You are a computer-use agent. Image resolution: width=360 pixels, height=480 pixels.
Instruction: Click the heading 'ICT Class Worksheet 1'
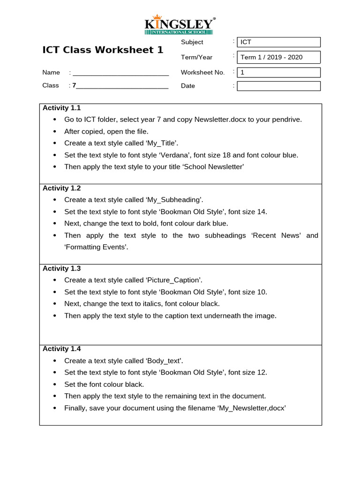pyautogui.click(x=103, y=50)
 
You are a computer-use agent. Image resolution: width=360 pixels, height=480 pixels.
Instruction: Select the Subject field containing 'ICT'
pyautogui.click(x=278, y=42)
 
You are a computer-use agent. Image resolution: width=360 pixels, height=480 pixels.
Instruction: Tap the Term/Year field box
pyautogui.click(x=278, y=57)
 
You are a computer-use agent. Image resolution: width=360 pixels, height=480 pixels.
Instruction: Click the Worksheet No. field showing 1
pyautogui.click(x=278, y=73)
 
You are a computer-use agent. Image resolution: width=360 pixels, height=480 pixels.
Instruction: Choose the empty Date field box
pyautogui.click(x=278, y=86)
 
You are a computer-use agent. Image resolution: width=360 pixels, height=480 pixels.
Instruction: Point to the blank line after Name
pyautogui.click(x=120, y=73)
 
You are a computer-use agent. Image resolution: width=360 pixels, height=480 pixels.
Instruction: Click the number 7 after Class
pyautogui.click(x=74, y=85)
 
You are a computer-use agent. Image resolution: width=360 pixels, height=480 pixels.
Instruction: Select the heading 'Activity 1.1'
pyautogui.click(x=61, y=108)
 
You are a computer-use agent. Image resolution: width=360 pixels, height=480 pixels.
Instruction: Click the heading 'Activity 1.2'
pyautogui.click(x=61, y=188)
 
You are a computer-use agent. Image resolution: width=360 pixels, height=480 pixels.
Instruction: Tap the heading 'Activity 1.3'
pyautogui.click(x=61, y=268)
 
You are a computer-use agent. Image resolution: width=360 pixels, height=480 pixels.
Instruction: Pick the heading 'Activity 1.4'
pyautogui.click(x=61, y=348)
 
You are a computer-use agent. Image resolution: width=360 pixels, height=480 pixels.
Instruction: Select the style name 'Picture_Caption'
pyautogui.click(x=173, y=280)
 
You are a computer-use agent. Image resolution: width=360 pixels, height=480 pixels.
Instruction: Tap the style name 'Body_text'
pyautogui.click(x=164, y=360)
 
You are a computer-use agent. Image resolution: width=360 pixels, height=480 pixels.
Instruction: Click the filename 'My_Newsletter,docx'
pyautogui.click(x=251, y=408)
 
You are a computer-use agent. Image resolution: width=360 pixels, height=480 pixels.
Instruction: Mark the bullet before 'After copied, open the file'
pyautogui.click(x=55, y=132)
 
